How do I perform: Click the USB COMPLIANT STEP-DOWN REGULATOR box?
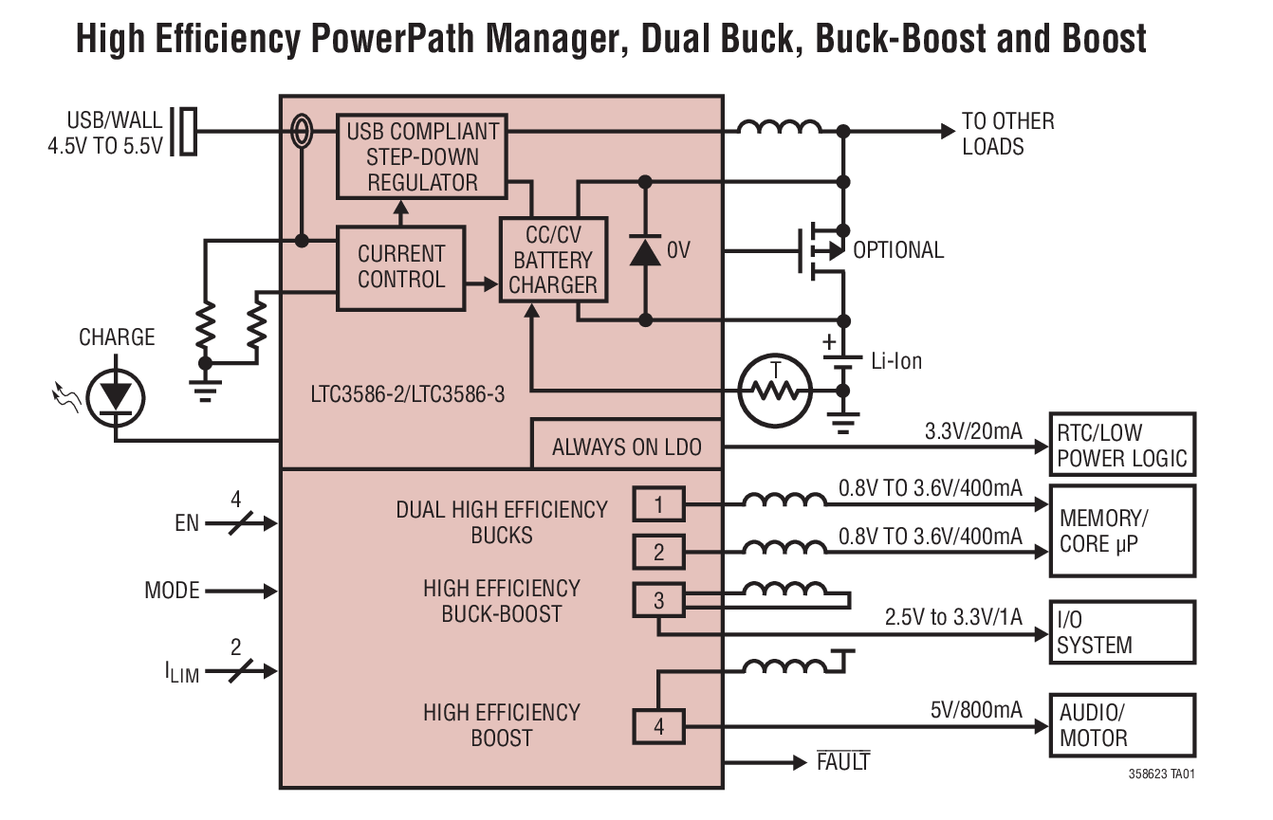422,156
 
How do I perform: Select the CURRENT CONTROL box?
401,267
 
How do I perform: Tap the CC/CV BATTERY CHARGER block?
553,259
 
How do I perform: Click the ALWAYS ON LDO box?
627,447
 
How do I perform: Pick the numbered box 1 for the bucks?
658,504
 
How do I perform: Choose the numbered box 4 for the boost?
658,727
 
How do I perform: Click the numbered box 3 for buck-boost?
658,600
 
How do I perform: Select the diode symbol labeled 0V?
645,250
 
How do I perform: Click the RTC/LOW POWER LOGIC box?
1121,445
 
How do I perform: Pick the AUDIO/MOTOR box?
1121,725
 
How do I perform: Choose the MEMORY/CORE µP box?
1121,531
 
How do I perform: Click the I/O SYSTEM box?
1121,632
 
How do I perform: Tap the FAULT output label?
842,761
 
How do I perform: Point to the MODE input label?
172,591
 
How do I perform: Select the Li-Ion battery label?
895,361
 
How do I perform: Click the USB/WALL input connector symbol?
187,132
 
